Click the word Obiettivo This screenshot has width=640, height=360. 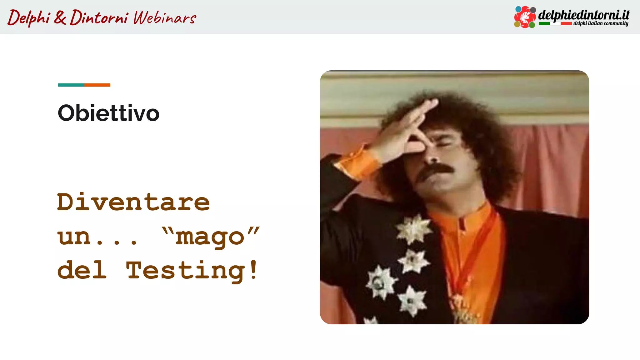108,113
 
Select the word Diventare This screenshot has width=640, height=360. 133,202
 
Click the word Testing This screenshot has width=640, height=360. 186,271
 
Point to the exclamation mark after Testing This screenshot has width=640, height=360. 253,269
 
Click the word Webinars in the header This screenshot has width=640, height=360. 165,17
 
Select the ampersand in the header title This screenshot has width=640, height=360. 60,17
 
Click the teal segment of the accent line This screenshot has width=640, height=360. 71,85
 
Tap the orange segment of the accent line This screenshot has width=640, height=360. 97,85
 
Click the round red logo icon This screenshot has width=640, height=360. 525,17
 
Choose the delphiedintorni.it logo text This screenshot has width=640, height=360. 583,15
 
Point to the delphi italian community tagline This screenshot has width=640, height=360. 600,23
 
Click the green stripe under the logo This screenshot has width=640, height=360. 544,23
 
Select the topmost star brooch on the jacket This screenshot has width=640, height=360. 413,229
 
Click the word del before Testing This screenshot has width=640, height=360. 82,271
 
